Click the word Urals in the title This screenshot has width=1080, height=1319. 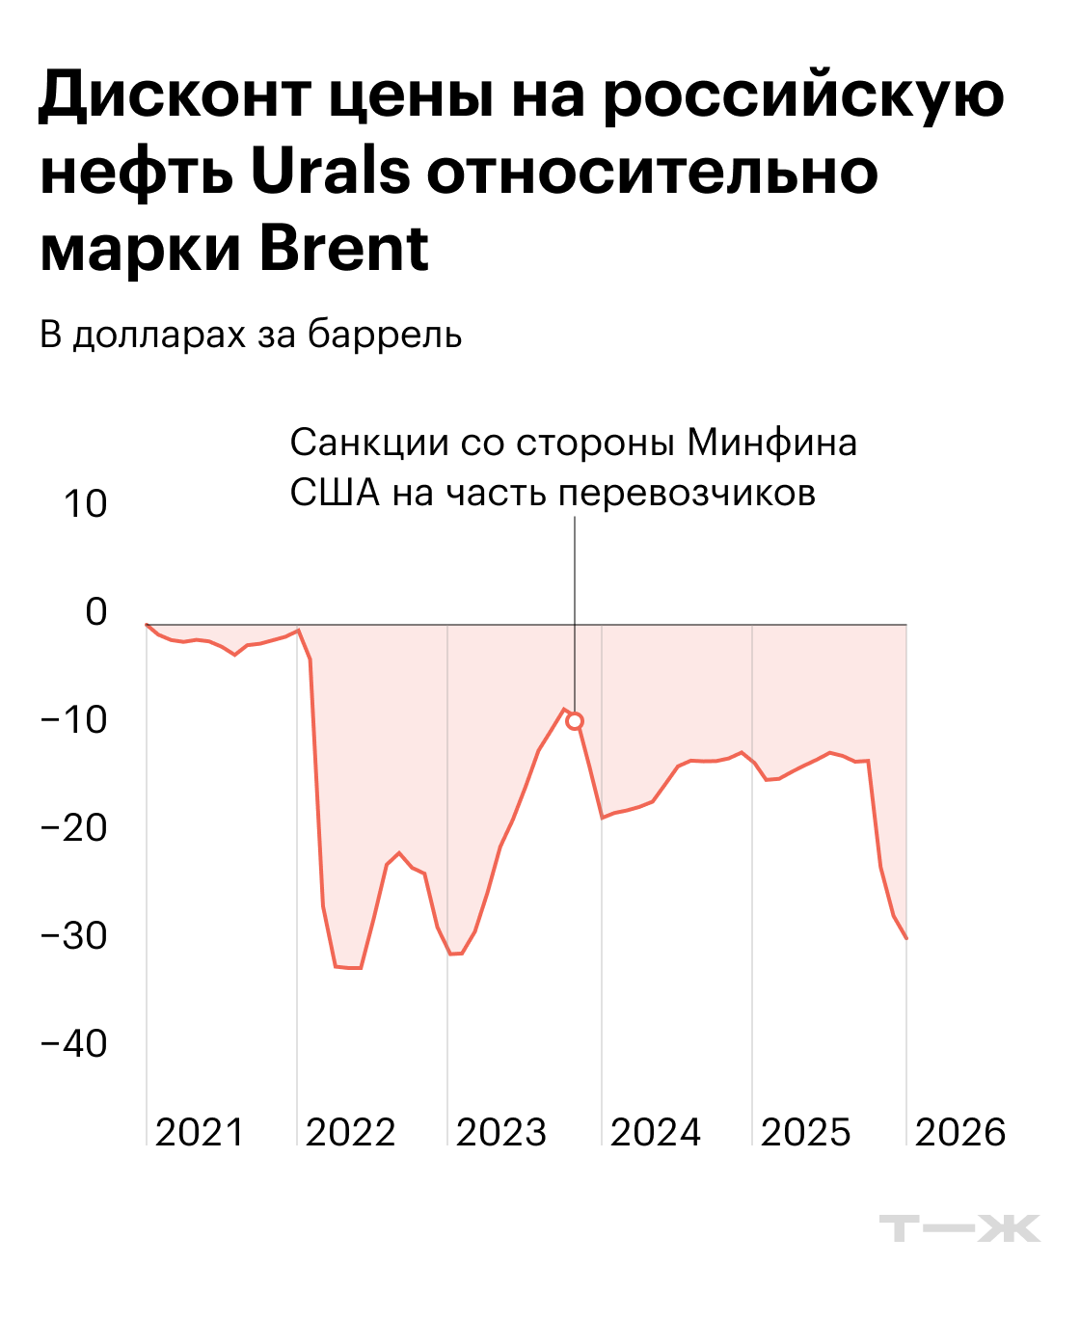(331, 173)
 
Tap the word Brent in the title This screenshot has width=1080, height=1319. (343, 249)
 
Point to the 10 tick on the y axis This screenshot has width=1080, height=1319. (85, 503)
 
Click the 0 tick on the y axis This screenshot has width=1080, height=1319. (95, 611)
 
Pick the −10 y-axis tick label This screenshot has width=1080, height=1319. (73, 719)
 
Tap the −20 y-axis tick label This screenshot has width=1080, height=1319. (73, 827)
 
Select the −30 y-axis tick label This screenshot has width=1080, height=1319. (73, 935)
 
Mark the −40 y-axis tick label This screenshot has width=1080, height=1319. (73, 1043)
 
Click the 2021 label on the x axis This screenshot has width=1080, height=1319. (200, 1132)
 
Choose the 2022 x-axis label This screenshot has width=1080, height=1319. (350, 1132)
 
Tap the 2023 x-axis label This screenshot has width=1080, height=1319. (500, 1132)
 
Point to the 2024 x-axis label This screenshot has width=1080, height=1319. (655, 1132)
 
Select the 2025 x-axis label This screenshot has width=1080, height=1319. (805, 1132)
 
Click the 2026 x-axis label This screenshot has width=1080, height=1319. (959, 1132)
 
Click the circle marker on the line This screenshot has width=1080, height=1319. (575, 721)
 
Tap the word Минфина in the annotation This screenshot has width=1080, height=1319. (771, 443)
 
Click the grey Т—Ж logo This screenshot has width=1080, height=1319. (959, 1228)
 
